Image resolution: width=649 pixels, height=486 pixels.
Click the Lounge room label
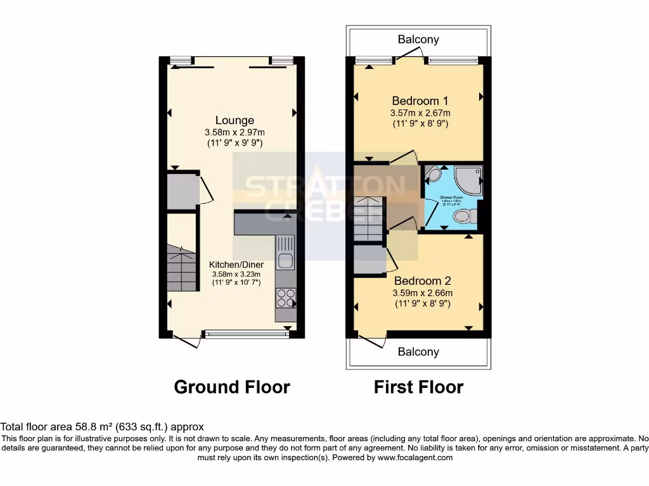click(235, 120)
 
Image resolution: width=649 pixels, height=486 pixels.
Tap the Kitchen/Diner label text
click(236, 265)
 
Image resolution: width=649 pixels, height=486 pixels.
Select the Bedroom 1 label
click(420, 101)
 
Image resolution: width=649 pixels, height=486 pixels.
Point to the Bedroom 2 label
click(422, 280)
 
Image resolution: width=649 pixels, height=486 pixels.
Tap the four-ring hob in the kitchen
click(286, 297)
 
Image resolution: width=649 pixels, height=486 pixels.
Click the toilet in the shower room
click(463, 217)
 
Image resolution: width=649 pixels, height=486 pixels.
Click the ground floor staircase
click(182, 268)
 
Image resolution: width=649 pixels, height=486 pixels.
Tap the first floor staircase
click(368, 219)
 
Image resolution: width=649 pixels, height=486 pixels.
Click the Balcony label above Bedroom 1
click(418, 39)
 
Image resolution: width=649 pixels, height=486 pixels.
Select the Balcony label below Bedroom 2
click(418, 352)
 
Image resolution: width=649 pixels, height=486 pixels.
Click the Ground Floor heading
click(232, 387)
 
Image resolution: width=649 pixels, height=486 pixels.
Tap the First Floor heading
click(418, 387)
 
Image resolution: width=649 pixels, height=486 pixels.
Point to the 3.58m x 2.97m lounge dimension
click(235, 132)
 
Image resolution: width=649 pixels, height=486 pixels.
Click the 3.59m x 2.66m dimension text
click(422, 293)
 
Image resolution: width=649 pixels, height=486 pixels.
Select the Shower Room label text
click(451, 197)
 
